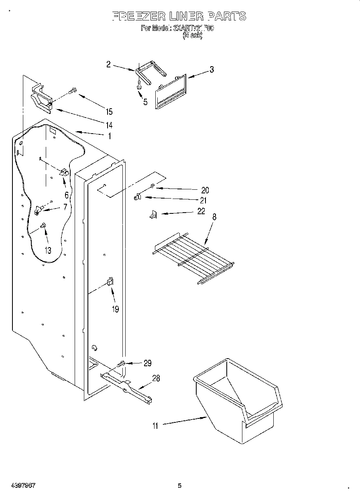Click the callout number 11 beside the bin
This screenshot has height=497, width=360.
pos(155,426)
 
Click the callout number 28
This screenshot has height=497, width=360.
pos(156,378)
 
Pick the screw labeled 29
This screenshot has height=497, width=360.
pos(121,364)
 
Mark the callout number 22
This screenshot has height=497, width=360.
pos(201,211)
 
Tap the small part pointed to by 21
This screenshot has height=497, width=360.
pos(137,197)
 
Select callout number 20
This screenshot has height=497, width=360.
pos(205,190)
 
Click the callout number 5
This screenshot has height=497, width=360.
pos(145,102)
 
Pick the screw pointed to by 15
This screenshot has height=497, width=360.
pos(72,91)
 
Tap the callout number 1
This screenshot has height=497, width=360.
pos(109,136)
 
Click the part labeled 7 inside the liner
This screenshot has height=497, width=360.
pos(39,209)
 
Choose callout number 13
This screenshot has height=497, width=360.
pos(48,250)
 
